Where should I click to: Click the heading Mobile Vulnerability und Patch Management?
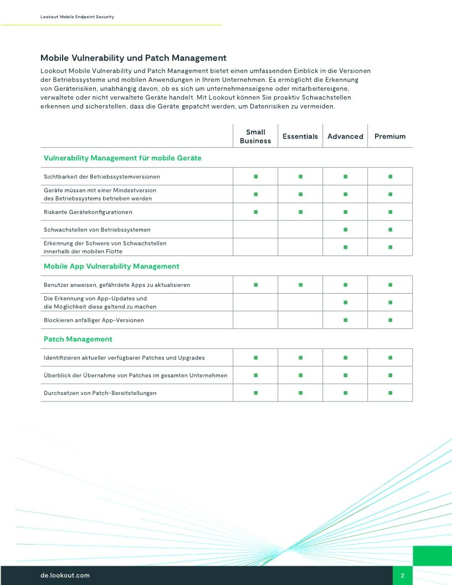(133, 58)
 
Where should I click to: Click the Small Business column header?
(255, 136)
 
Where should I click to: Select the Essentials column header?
(300, 136)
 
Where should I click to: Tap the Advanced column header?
(345, 136)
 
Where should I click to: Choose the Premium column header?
(390, 136)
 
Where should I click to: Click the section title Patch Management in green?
(78, 339)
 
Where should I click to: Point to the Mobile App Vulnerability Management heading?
(111, 266)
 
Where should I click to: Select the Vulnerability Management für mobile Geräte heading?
(122, 158)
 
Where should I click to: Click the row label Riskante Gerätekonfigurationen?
(88, 212)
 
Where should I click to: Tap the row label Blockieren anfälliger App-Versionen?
(94, 320)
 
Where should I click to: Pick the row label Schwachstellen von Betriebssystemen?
(97, 229)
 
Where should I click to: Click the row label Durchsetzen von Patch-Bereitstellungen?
(100, 393)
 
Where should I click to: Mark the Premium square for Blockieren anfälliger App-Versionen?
(390, 320)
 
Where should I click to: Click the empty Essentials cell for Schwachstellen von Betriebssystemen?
(300, 229)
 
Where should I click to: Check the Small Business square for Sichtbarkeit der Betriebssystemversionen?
(255, 177)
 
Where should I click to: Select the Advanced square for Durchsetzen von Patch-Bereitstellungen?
(345, 393)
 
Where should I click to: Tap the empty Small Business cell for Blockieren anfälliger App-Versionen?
(255, 320)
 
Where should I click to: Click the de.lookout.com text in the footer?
(65, 576)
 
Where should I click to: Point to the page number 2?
(403, 576)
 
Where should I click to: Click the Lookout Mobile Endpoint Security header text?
(77, 17)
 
